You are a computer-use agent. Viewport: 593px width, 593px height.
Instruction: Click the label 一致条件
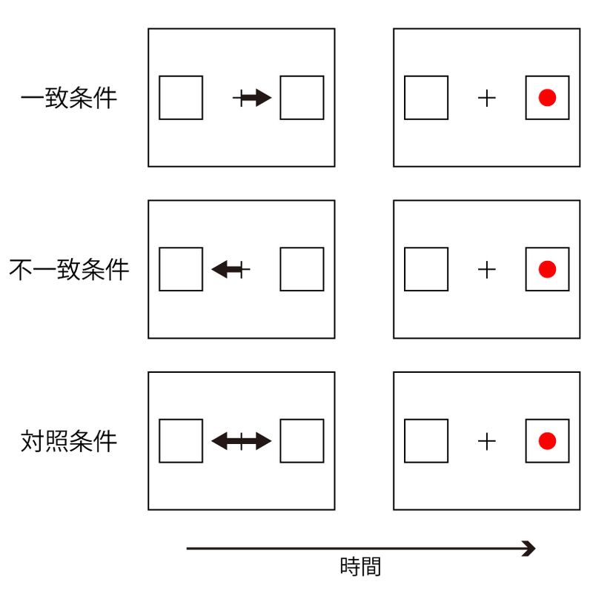[69, 98]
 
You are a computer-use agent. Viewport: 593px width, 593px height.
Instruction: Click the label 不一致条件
[69, 269]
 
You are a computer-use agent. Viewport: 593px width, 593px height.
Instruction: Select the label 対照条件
[69, 441]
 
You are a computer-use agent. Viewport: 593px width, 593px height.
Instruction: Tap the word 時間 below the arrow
[360, 568]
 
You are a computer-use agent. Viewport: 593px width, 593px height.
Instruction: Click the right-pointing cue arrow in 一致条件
[254, 97]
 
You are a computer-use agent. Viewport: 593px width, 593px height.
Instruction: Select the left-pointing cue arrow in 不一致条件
[228, 269]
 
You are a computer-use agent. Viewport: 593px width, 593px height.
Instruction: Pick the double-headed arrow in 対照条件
[242, 441]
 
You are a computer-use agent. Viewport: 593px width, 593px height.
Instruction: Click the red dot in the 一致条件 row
[547, 97]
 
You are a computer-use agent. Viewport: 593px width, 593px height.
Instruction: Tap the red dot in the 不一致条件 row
[547, 269]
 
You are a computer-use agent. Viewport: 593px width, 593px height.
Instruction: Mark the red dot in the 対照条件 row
[547, 441]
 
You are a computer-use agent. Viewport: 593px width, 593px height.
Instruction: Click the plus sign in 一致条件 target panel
[486, 97]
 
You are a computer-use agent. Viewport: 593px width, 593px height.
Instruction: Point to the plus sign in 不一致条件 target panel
[486, 269]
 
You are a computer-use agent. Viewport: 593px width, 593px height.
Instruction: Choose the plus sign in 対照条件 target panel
[486, 441]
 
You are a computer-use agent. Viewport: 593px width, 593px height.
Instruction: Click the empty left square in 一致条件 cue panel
[181, 97]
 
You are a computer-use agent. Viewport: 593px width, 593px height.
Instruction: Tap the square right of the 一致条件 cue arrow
[302, 97]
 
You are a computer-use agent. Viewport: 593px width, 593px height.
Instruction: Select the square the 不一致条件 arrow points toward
[181, 269]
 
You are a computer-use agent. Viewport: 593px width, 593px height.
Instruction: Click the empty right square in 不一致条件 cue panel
[302, 269]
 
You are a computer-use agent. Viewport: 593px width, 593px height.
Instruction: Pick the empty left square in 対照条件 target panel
[426, 441]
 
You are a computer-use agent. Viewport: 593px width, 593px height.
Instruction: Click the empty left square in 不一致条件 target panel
[426, 269]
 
